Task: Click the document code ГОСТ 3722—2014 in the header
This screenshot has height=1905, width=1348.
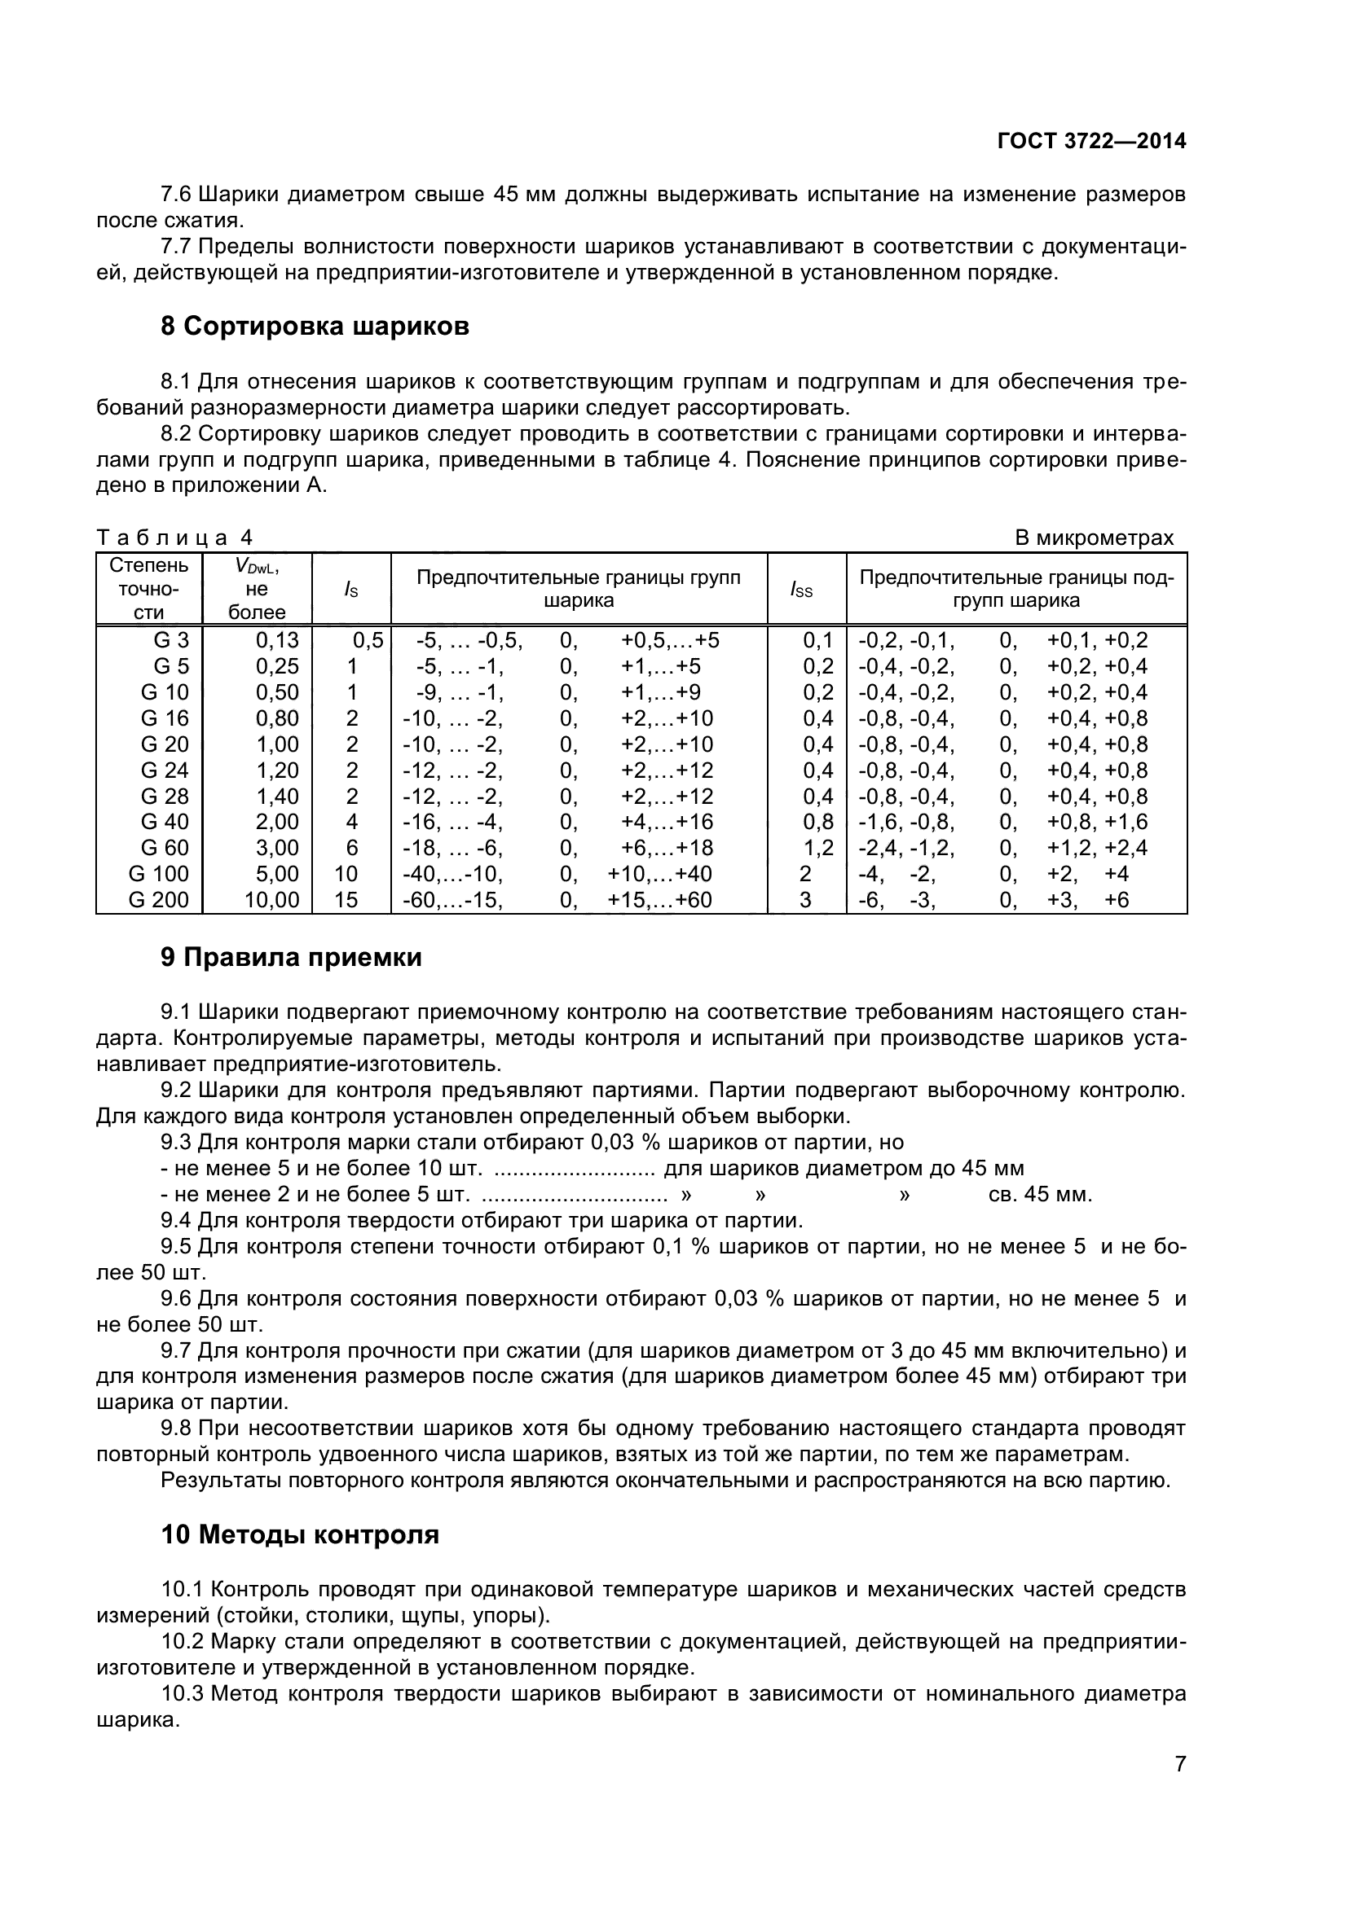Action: pos(1090,141)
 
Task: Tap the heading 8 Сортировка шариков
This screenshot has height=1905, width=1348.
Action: pos(315,327)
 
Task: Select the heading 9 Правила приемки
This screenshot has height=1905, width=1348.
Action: pos(291,958)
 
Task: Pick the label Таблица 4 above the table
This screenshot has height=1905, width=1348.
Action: pos(174,538)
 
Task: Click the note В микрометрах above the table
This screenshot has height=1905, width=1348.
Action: pos(1094,538)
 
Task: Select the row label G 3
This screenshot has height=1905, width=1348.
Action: pos(171,640)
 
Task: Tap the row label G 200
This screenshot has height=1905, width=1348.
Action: pos(159,900)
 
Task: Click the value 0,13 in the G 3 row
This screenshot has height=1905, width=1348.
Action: pos(276,640)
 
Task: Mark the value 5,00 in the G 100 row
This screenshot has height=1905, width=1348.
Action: pos(276,875)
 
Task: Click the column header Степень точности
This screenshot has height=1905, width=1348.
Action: pos(149,589)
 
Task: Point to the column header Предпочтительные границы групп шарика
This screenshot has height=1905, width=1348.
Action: pos(579,589)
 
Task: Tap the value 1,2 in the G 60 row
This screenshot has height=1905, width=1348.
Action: pos(817,848)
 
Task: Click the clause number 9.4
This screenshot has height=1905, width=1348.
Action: pos(176,1221)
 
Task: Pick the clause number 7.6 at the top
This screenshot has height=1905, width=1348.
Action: pos(176,195)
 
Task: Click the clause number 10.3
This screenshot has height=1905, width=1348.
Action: pos(182,1694)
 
